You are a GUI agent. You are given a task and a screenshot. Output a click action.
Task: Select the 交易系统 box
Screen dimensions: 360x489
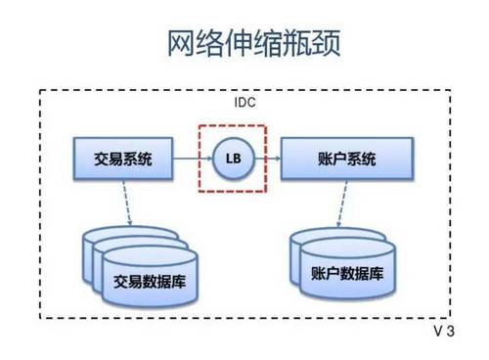(123, 157)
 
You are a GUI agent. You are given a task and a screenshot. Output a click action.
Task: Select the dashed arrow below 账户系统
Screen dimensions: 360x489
(344, 203)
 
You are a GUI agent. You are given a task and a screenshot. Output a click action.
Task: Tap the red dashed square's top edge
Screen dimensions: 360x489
(233, 125)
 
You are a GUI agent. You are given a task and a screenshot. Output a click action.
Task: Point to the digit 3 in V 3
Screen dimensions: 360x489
(451, 332)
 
